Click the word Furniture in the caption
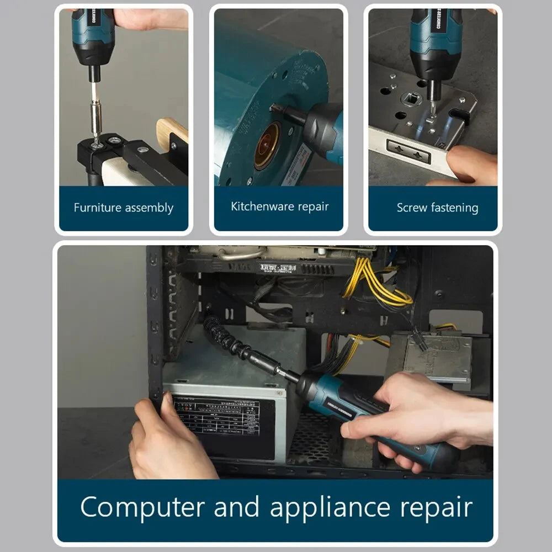pos(98,208)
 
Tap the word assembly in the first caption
pos(149,209)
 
